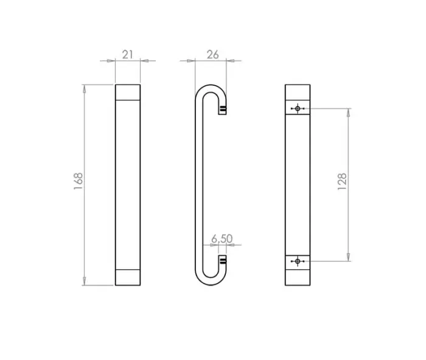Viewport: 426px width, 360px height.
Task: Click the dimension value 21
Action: (128, 54)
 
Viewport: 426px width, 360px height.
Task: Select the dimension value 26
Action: (212, 54)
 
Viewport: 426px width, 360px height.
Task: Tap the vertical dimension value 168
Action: (78, 181)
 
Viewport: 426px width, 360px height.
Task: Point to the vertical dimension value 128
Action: (342, 181)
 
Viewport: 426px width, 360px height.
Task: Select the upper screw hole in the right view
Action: (297, 109)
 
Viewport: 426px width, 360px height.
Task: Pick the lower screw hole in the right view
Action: (297, 261)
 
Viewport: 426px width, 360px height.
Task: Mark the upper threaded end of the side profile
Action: (223, 109)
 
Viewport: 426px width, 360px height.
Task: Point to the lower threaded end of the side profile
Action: (223, 261)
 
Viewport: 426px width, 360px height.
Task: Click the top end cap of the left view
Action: (127, 92)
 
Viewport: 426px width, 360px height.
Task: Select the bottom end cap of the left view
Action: (127, 277)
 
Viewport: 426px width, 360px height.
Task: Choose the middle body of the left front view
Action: (127, 182)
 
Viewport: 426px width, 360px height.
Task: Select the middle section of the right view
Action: (297, 182)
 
